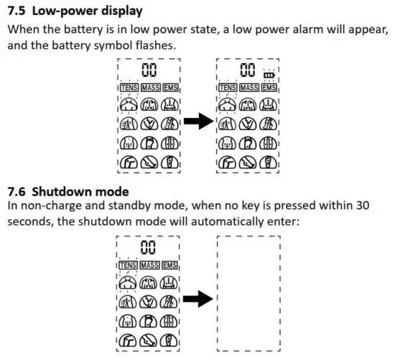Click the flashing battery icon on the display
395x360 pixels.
269,73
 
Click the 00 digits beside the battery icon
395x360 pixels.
248,70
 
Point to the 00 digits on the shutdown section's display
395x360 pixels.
149,248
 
